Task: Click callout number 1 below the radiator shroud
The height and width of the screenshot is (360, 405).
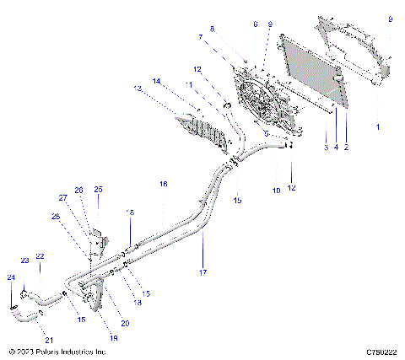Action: [377, 126]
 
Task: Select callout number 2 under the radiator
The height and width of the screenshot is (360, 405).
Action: [346, 148]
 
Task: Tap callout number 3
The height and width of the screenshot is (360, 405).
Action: [326, 148]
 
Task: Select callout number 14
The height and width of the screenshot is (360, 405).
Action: [155, 80]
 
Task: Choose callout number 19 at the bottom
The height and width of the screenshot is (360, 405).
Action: [113, 337]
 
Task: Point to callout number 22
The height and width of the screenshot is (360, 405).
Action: [40, 255]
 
